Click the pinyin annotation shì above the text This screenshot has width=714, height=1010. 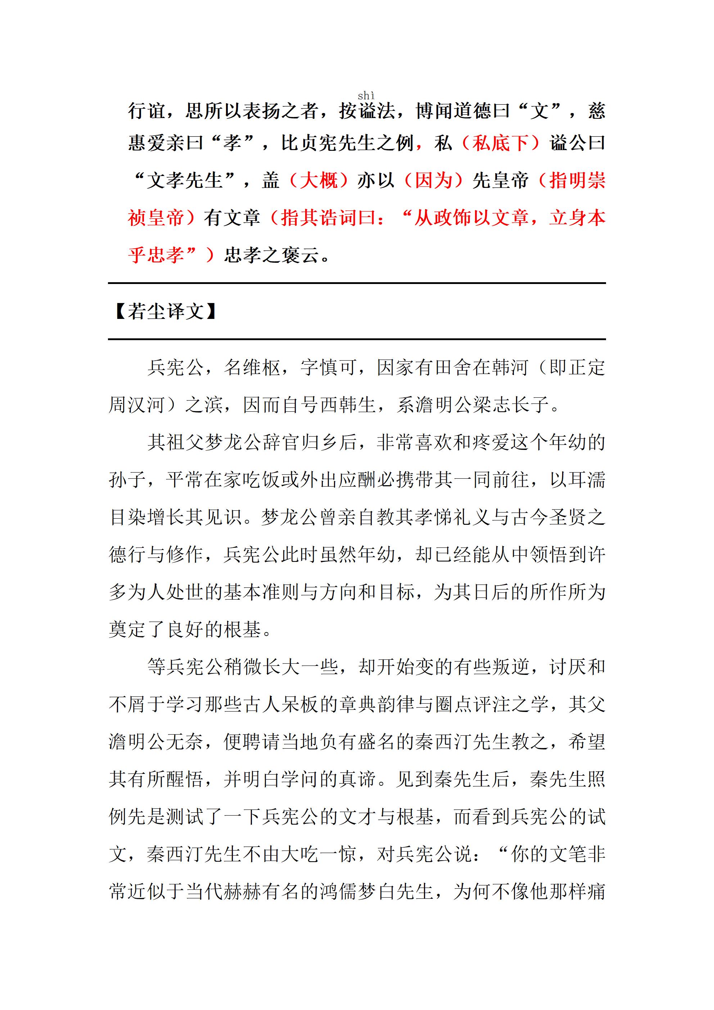coord(366,95)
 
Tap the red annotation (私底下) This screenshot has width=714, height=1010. coord(501,143)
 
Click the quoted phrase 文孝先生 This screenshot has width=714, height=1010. coord(185,180)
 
